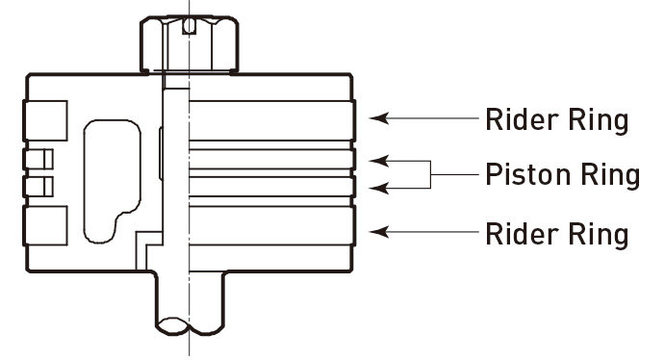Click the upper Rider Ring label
click(x=556, y=119)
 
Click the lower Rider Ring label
click(x=556, y=233)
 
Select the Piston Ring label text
click(x=563, y=176)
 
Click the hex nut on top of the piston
click(x=189, y=43)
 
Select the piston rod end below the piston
click(x=189, y=306)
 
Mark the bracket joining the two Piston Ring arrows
click(x=430, y=174)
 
